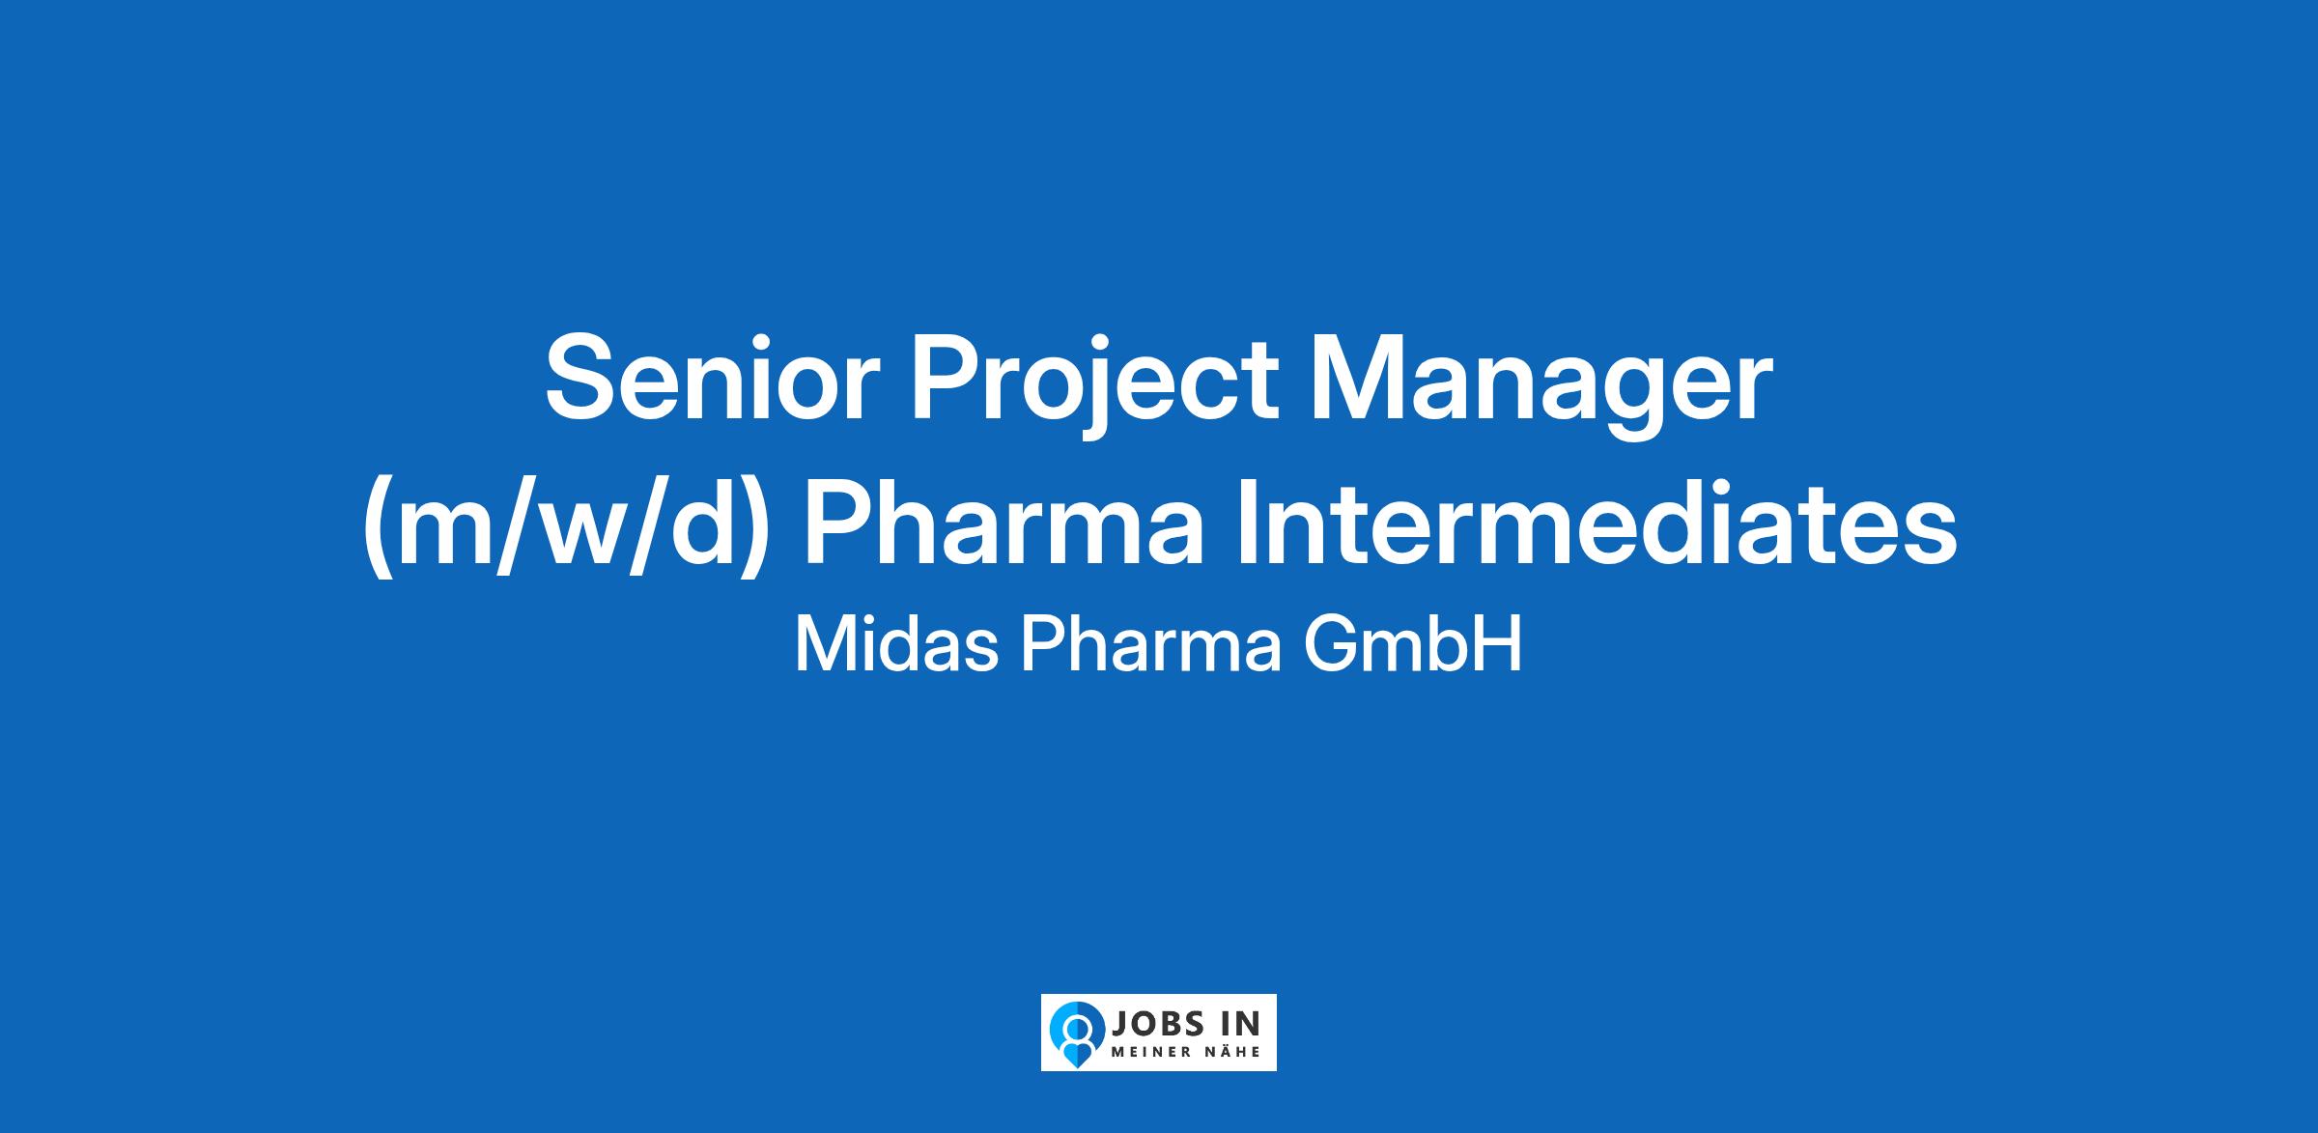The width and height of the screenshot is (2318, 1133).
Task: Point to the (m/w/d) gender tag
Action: click(566, 532)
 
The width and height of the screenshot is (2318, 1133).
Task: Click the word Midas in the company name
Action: click(896, 644)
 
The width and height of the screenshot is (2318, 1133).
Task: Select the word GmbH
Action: click(1413, 644)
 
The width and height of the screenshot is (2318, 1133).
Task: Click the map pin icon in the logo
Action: click(1077, 1032)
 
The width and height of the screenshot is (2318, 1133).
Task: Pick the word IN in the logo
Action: click(1242, 1024)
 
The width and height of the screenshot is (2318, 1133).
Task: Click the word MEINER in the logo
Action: click(1148, 1051)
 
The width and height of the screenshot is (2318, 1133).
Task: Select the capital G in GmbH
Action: click(1330, 644)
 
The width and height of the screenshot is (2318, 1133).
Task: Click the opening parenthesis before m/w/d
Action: click(378, 530)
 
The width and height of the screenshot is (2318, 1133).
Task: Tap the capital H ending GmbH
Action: click(1500, 644)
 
